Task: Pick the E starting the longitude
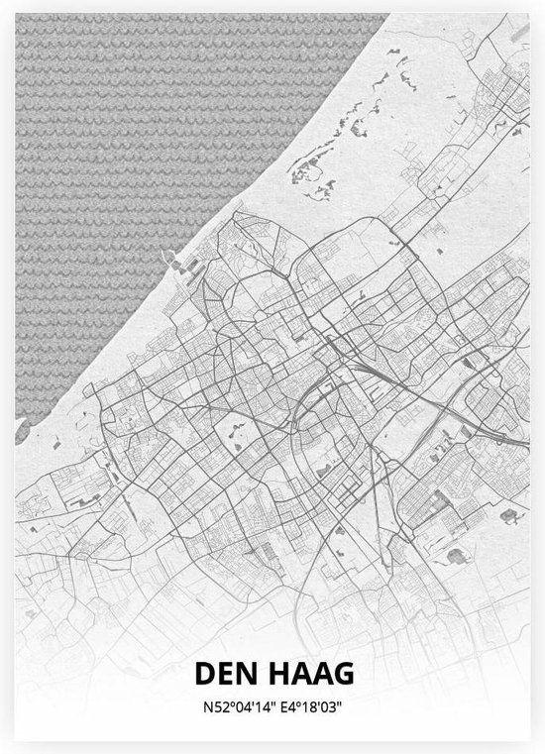[x=281, y=706]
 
